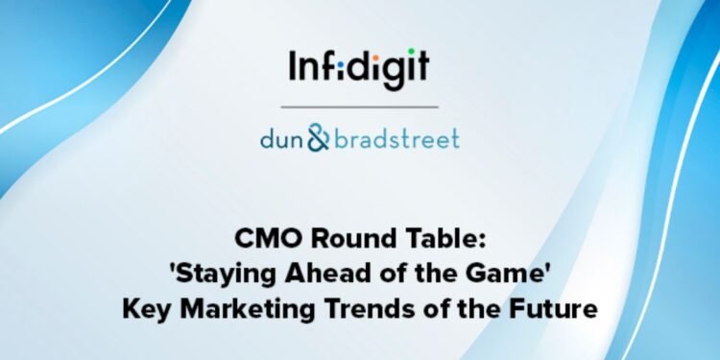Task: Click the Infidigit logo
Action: point(359,67)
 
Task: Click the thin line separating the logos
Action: point(359,106)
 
